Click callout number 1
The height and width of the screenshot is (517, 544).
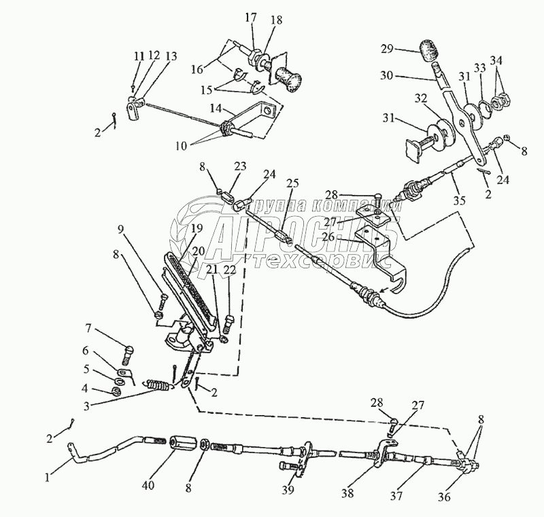(47, 477)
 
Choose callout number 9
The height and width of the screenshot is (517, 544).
(120, 230)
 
